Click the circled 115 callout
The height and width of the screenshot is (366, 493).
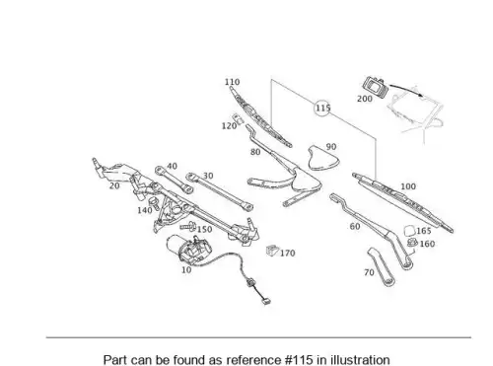coord(322,109)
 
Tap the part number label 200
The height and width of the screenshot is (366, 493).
coord(365,99)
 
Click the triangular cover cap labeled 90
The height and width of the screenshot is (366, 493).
coord(323,159)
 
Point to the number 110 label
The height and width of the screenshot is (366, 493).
coord(232,82)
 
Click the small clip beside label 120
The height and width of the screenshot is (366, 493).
coord(238,118)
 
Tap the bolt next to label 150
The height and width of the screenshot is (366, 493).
coord(187,227)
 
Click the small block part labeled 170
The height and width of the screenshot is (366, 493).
coord(272,251)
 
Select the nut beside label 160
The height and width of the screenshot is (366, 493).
coord(412,243)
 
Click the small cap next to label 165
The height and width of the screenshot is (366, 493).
coord(409,231)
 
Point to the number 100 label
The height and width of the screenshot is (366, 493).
coord(408,186)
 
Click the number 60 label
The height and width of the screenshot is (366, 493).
coord(355,226)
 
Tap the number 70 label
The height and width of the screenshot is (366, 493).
coord(369,272)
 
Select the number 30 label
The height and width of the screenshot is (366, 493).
coord(208,176)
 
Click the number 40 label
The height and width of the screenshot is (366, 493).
coord(172,167)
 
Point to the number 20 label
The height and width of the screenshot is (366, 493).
coord(114,185)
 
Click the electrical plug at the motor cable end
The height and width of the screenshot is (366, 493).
coord(266,301)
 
